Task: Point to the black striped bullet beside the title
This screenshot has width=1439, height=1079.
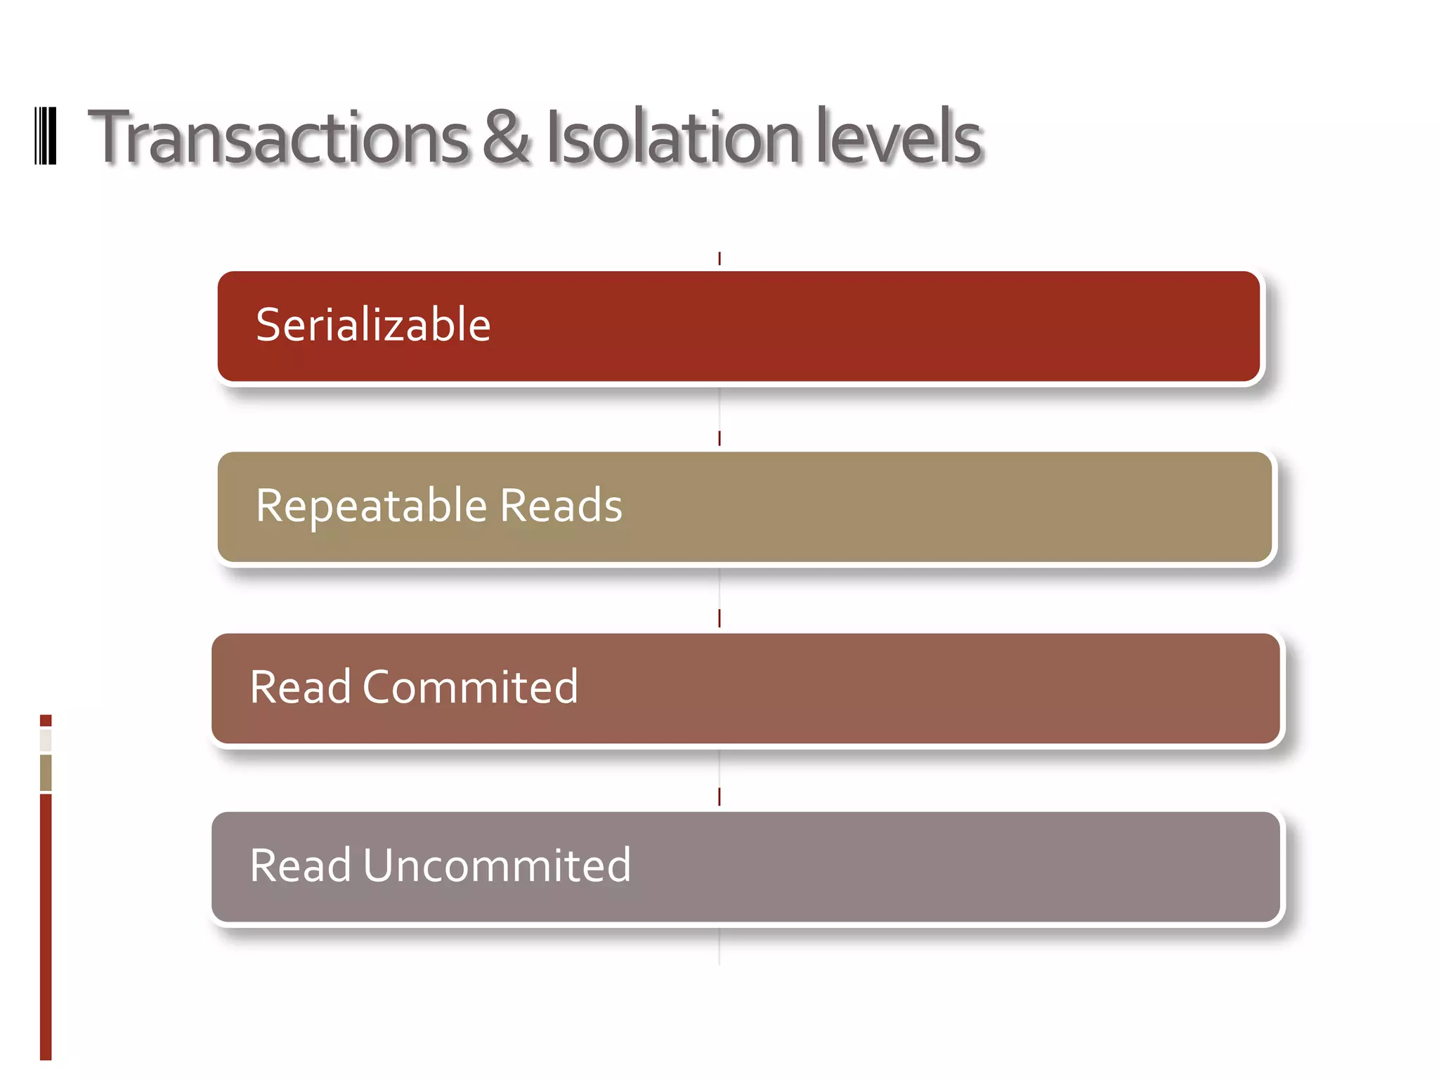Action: [46, 136]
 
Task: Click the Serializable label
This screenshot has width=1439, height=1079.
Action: [373, 325]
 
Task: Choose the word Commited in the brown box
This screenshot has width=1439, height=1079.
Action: [470, 687]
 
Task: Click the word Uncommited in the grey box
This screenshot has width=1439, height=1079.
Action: [497, 865]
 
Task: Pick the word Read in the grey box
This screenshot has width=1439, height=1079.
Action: [300, 865]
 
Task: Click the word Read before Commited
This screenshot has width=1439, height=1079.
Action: [300, 687]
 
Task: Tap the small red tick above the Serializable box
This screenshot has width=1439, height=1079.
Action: [719, 259]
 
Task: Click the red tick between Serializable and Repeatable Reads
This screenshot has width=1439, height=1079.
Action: [719, 438]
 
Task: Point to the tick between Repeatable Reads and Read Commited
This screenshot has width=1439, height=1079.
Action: [719, 618]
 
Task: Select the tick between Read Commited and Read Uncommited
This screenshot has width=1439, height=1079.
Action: [719, 797]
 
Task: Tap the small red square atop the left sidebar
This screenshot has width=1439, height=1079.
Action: [46, 720]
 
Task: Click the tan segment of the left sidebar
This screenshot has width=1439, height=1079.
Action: [46, 773]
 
